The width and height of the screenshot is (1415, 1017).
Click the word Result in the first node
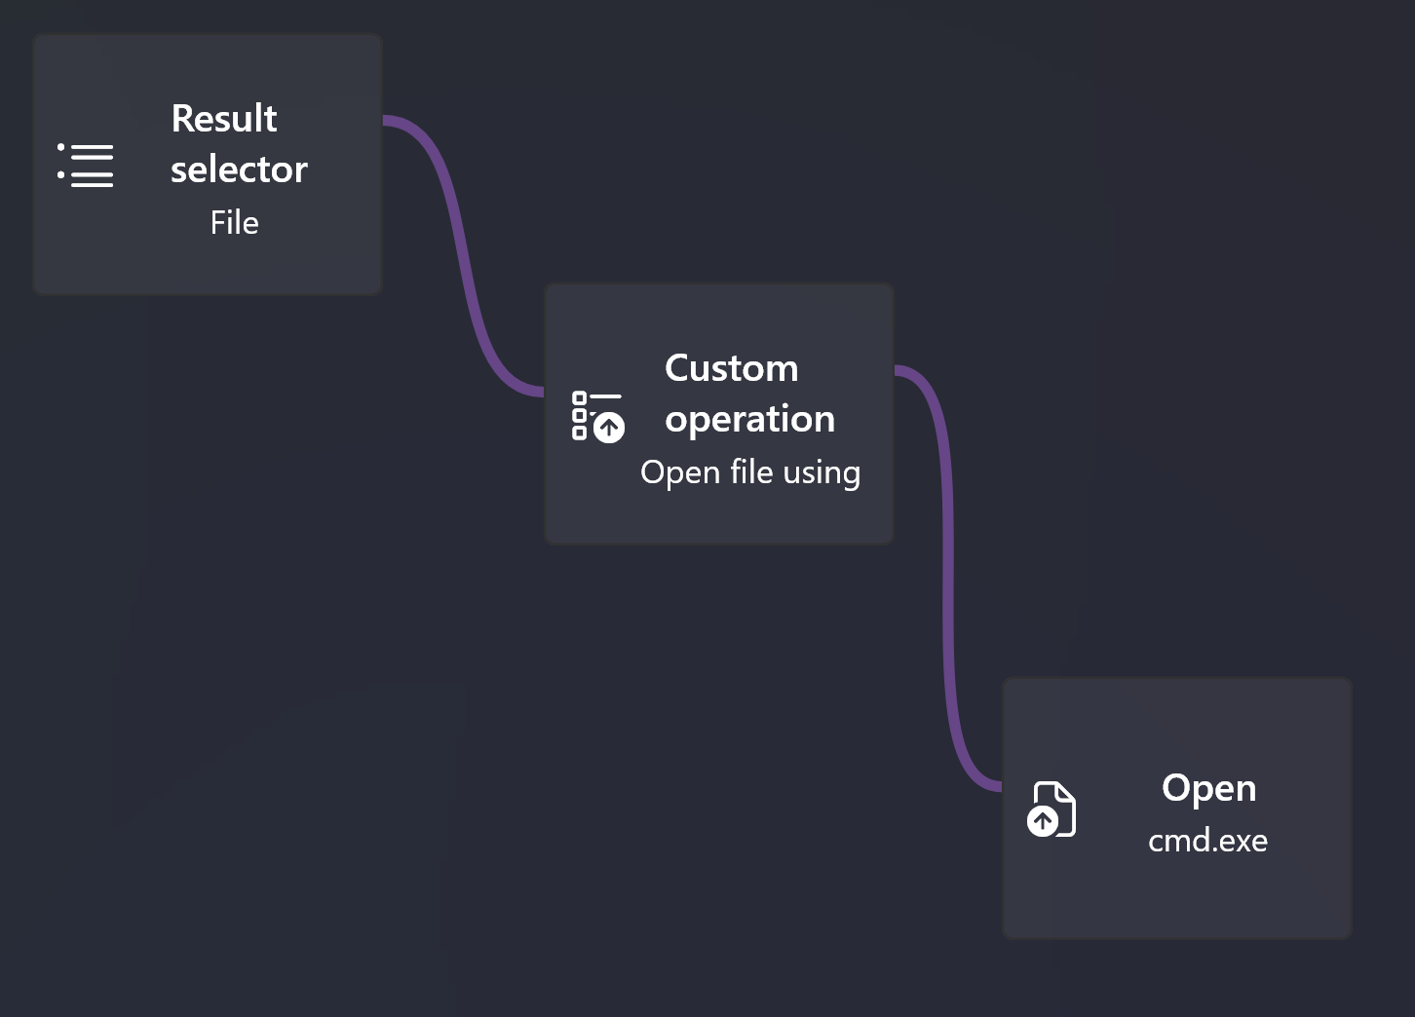point(223,118)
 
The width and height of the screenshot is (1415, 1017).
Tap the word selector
point(239,169)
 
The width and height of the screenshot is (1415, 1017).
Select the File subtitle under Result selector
point(234,223)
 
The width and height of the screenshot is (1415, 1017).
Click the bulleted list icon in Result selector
point(86,166)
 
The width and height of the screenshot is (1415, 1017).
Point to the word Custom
point(732,368)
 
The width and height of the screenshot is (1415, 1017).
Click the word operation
point(749,420)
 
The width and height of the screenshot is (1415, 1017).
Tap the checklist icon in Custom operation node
point(598,417)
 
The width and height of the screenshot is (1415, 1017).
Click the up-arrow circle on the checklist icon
point(609,428)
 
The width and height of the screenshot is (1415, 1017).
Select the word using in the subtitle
point(822,473)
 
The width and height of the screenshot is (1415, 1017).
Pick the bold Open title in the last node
point(1209,789)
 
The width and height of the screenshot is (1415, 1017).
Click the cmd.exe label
point(1207,841)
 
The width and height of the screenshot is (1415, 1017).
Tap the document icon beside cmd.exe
point(1052,809)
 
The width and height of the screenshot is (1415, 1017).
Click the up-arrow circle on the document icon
point(1043,821)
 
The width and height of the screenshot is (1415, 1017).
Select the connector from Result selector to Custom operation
point(463,255)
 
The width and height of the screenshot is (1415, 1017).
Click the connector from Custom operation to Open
point(947,578)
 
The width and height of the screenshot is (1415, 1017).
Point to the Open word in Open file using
point(680,473)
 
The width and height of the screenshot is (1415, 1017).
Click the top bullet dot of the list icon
point(60,147)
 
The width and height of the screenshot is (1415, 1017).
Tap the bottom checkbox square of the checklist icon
point(579,433)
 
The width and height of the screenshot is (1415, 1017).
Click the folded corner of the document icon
point(1064,792)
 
